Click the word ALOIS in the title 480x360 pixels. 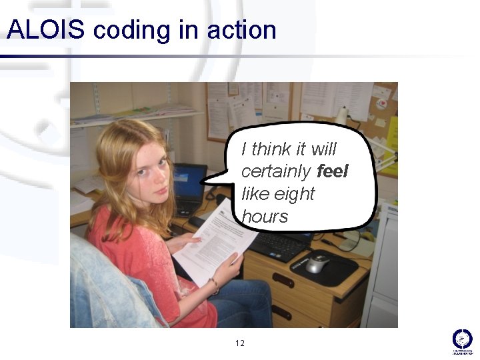(x=45, y=30)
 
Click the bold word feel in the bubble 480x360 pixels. (x=333, y=171)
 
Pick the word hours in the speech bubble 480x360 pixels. (x=265, y=217)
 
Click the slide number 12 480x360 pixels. (x=240, y=343)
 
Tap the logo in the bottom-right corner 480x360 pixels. (x=462, y=340)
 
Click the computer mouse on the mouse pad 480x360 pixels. (x=317, y=263)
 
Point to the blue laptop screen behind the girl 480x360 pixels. (x=189, y=181)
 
